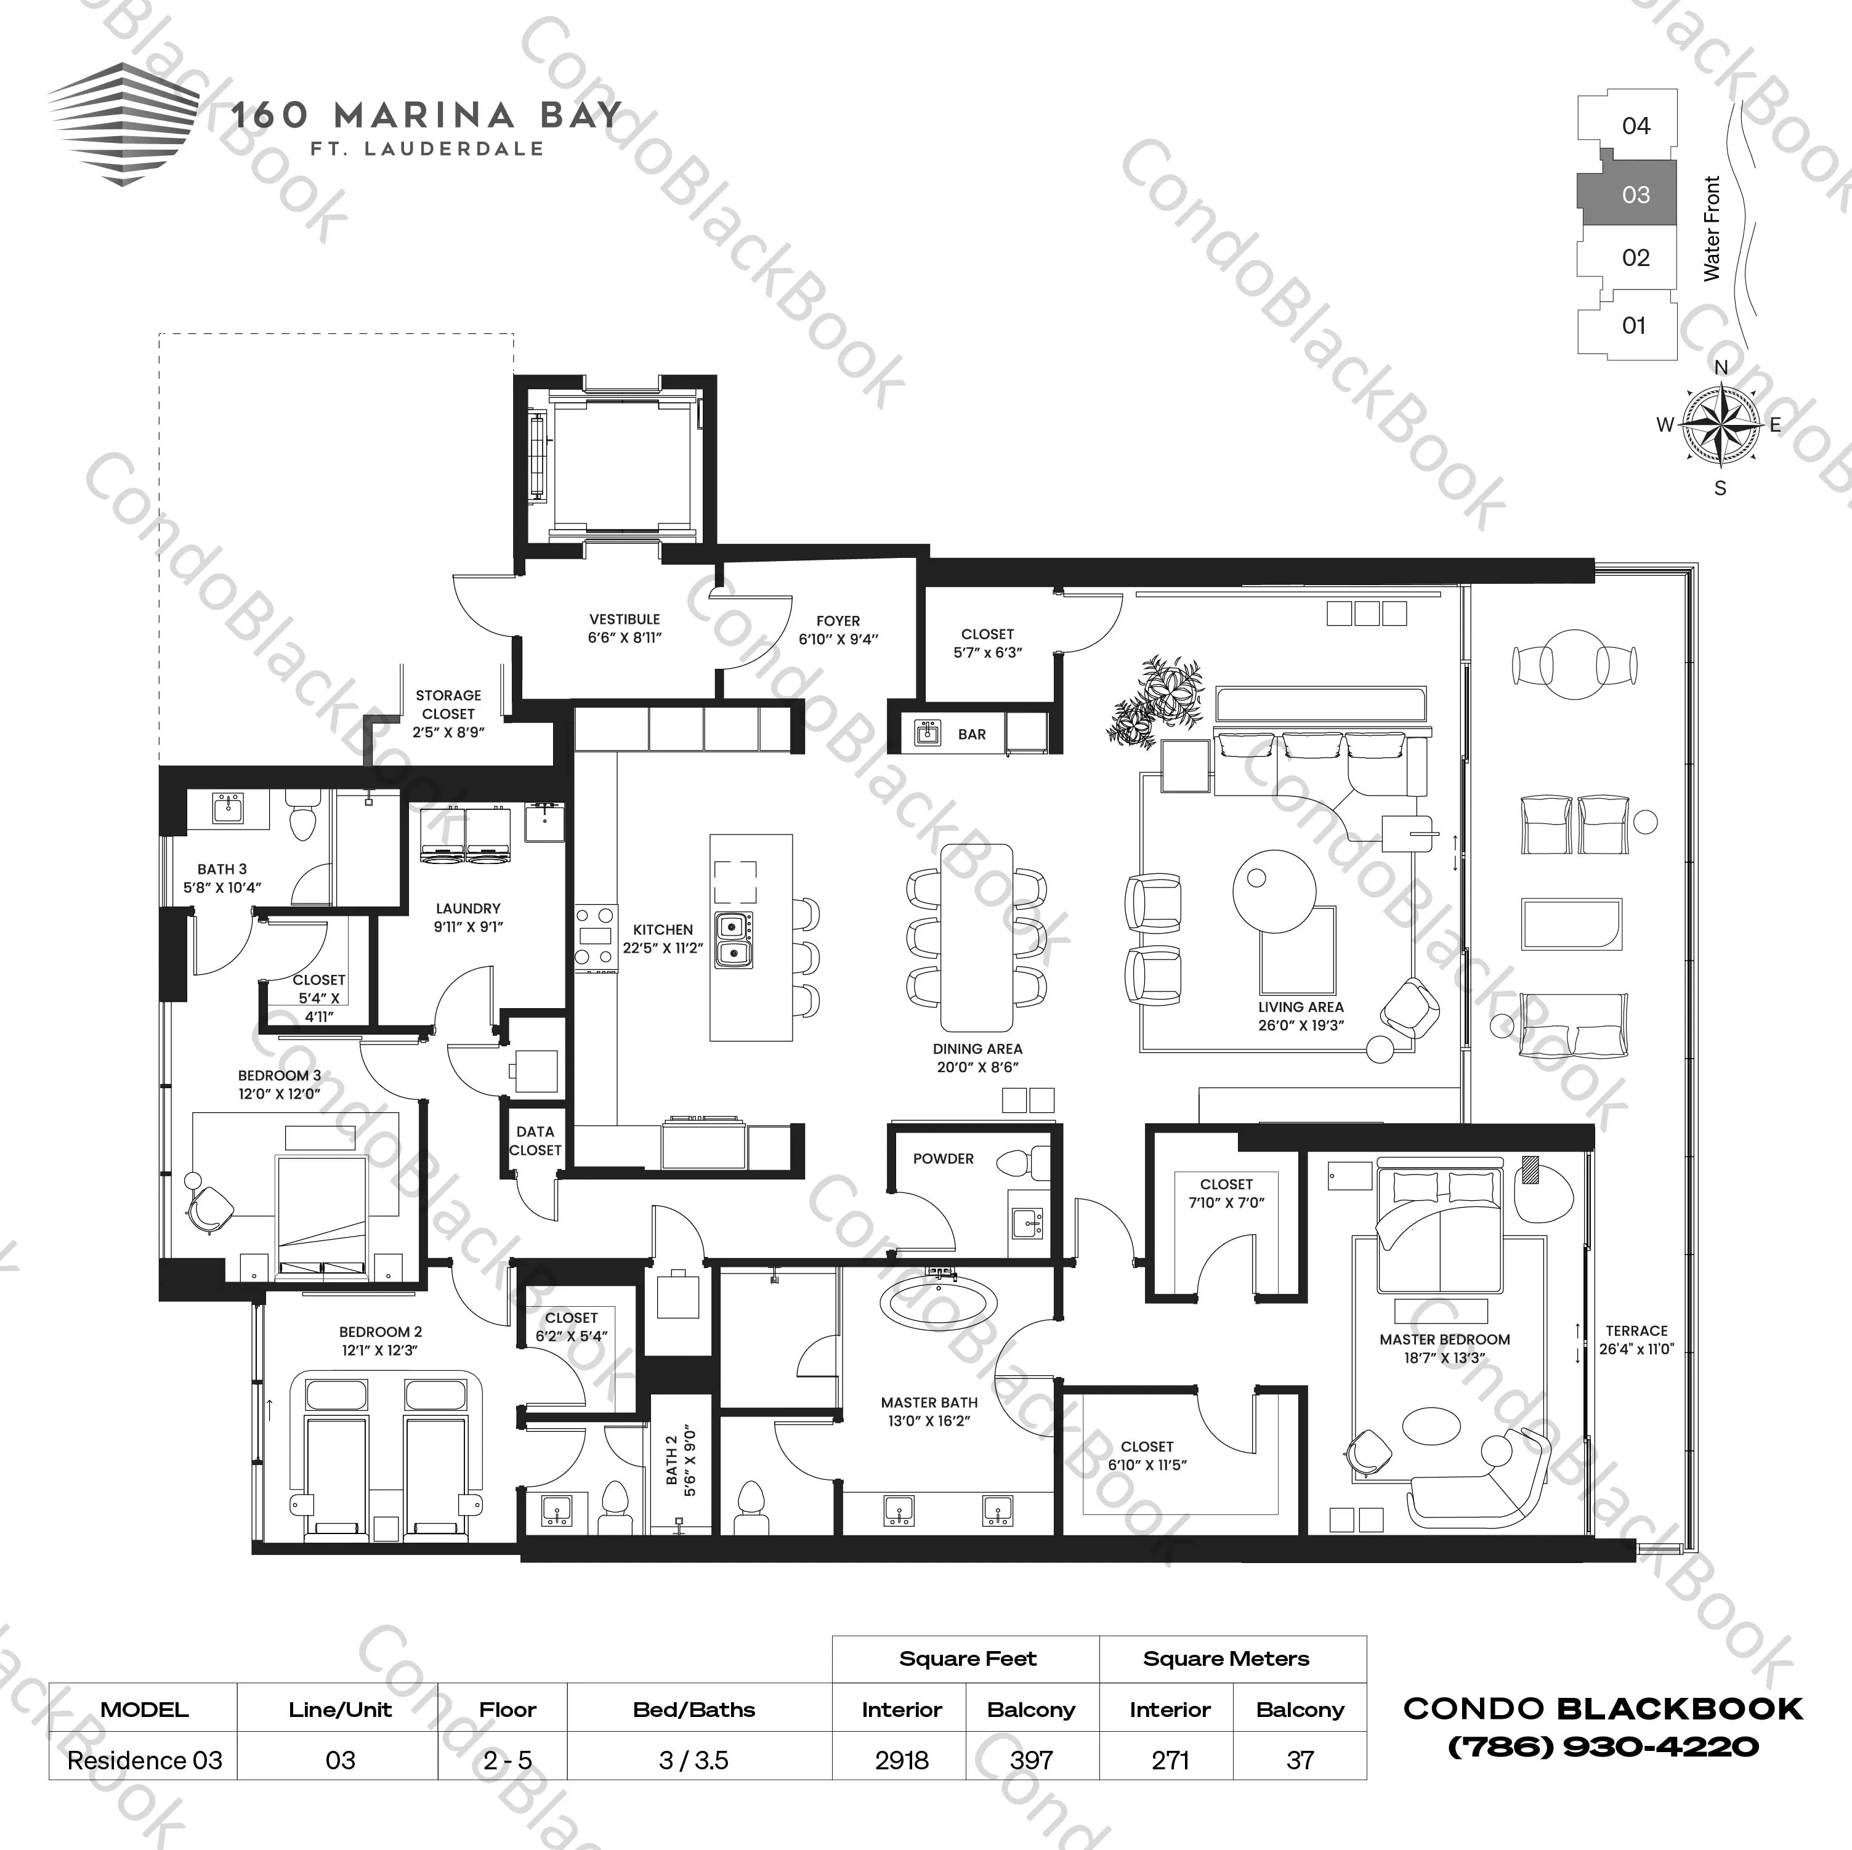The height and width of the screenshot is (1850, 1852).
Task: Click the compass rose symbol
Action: (1721, 426)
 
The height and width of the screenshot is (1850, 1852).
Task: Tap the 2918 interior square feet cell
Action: (901, 1760)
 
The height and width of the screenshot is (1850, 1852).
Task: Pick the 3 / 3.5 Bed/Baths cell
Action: (693, 1760)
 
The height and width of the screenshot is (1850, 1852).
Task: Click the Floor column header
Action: (507, 1709)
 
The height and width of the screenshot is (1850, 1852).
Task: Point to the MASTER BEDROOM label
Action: (1445, 1339)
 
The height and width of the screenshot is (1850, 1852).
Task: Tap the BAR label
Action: (971, 734)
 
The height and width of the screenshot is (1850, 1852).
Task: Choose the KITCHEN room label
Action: (662, 929)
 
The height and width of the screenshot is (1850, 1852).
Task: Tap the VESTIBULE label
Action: (624, 619)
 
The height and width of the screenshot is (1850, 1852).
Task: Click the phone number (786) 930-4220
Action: (1602, 1747)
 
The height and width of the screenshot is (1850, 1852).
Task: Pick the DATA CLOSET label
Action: (535, 1141)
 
